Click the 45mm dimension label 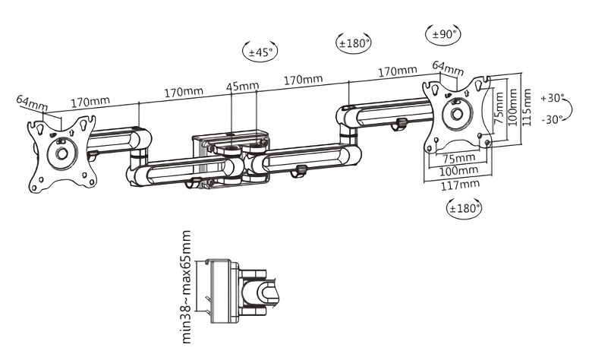coord(242,86)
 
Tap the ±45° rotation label coord(260,52)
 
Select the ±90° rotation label coord(444,35)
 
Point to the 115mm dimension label coord(527,108)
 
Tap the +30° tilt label coord(553,98)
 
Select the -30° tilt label coord(553,119)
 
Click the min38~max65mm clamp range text coord(187,288)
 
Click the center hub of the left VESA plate coord(62,153)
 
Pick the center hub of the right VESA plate coord(456,114)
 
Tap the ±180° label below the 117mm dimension coord(465,208)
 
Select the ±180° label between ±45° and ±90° coord(354,43)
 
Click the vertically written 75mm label coord(499,108)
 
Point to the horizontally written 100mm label coord(458,171)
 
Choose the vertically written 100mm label coord(512,108)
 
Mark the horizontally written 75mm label coord(459,157)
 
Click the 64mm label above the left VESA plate coord(32,103)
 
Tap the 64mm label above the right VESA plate coord(448,68)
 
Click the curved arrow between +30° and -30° coord(569,109)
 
